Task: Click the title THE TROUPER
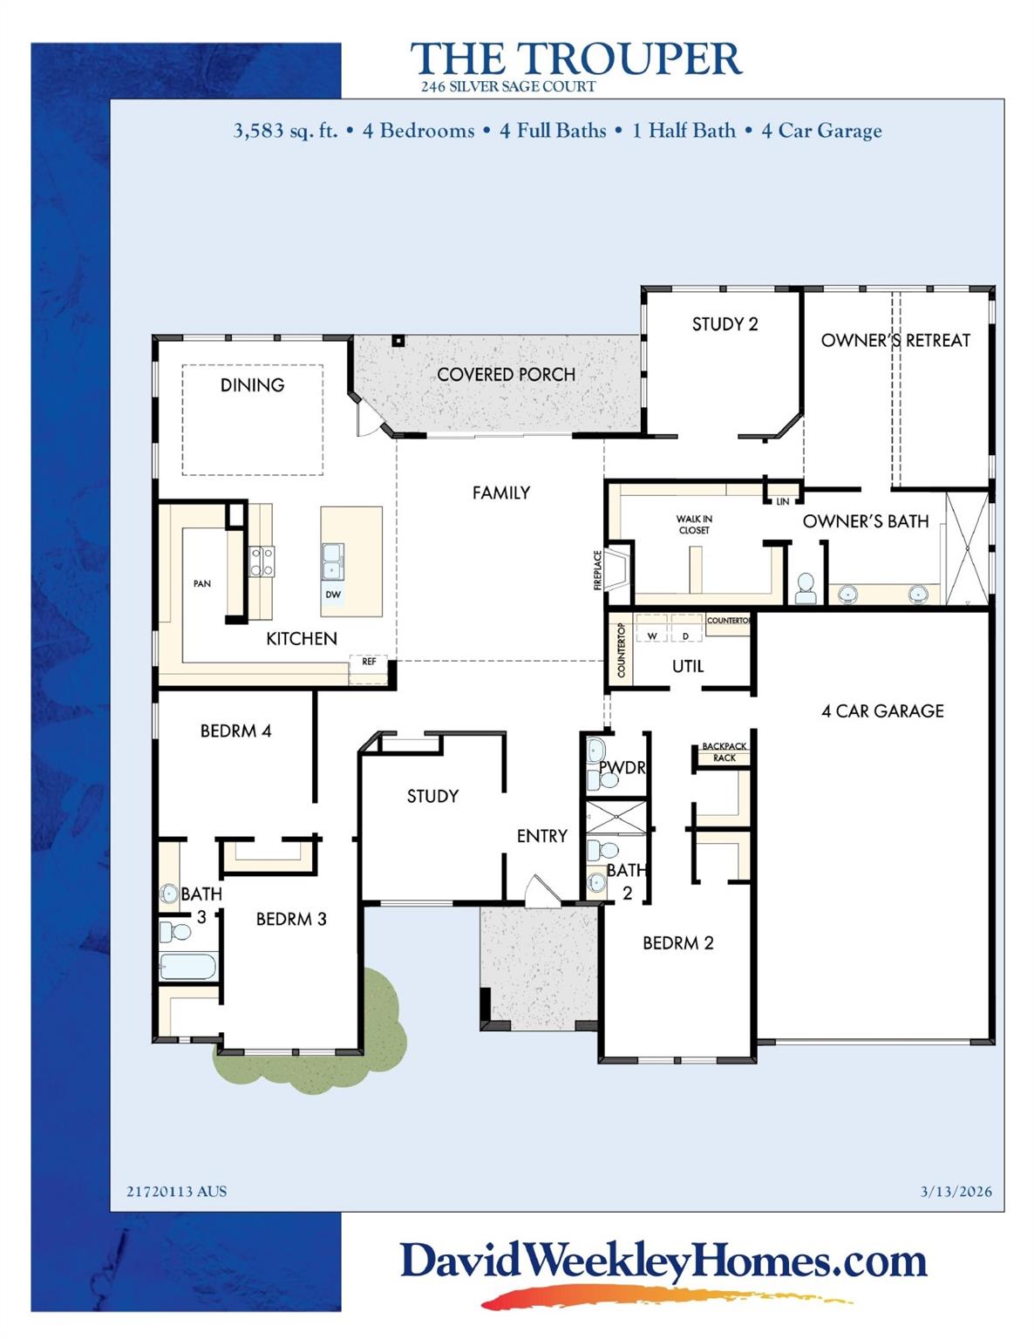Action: [x=575, y=59]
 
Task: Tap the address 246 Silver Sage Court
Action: [x=508, y=87]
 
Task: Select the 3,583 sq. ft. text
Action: [x=285, y=131]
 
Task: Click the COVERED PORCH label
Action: [x=506, y=375]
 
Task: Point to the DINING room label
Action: [x=252, y=385]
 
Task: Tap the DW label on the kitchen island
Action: [x=333, y=595]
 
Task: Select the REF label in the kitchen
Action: [x=369, y=663]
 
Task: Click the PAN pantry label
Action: [x=202, y=584]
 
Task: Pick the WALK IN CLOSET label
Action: [x=694, y=525]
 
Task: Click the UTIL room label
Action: [x=688, y=666]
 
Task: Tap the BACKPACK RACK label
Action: [x=724, y=752]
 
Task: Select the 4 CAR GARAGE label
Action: [x=882, y=711]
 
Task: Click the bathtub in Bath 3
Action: [x=187, y=967]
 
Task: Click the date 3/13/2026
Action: [x=956, y=1192]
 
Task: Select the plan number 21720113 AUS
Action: [x=176, y=1192]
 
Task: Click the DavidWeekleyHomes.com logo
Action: [x=663, y=1262]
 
